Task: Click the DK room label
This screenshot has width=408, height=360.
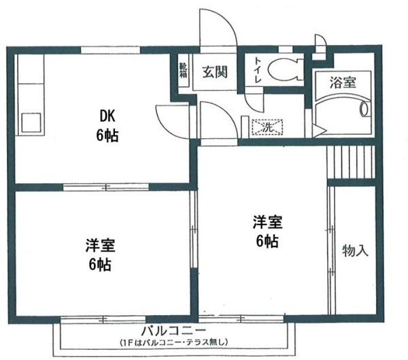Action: [x=106, y=116]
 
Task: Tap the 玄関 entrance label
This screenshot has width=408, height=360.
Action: [x=215, y=71]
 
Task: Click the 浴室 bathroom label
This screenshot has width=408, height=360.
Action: [x=342, y=83]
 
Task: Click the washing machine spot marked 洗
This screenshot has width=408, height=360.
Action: [x=265, y=127]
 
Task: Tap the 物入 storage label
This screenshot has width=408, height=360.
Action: [x=354, y=250]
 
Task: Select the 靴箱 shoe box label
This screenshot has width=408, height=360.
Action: [x=182, y=69]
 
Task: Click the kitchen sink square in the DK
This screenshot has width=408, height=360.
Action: [x=31, y=122]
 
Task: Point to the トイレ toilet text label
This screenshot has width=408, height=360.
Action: [x=258, y=69]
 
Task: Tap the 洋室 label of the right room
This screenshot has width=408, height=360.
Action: [x=267, y=222]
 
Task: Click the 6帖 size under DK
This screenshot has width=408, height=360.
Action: [x=107, y=135]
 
